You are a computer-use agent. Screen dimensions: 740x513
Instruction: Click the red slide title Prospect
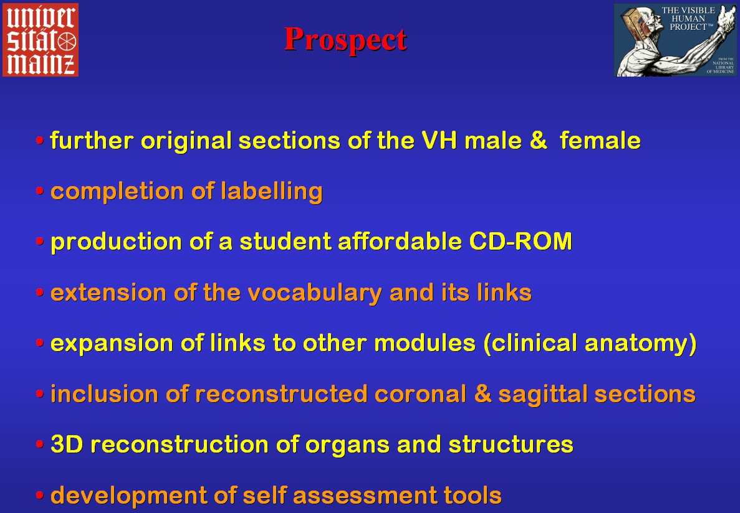point(345,40)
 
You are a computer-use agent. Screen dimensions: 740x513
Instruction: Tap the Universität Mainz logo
point(41,40)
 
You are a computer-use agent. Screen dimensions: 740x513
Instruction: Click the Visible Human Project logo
point(675,40)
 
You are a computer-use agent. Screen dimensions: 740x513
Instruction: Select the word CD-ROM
point(521,242)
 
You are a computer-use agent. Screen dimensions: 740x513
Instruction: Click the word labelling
point(271,192)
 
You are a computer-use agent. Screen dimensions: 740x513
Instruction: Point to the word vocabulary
point(315,293)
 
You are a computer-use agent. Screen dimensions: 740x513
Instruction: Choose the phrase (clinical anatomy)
point(590,343)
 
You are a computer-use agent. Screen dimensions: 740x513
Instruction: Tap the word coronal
point(420,394)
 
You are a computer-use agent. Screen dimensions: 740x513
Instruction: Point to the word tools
point(472,495)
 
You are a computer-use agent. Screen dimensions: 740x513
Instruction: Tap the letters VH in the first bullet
point(439,141)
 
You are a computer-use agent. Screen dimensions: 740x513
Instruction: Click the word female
point(600,141)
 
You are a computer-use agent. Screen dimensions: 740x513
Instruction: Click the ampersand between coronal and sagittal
point(483,394)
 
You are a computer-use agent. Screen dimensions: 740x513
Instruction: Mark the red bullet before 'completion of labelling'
point(40,191)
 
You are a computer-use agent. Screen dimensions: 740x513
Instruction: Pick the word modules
point(425,343)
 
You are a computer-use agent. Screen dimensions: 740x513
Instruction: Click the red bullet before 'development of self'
point(40,496)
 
